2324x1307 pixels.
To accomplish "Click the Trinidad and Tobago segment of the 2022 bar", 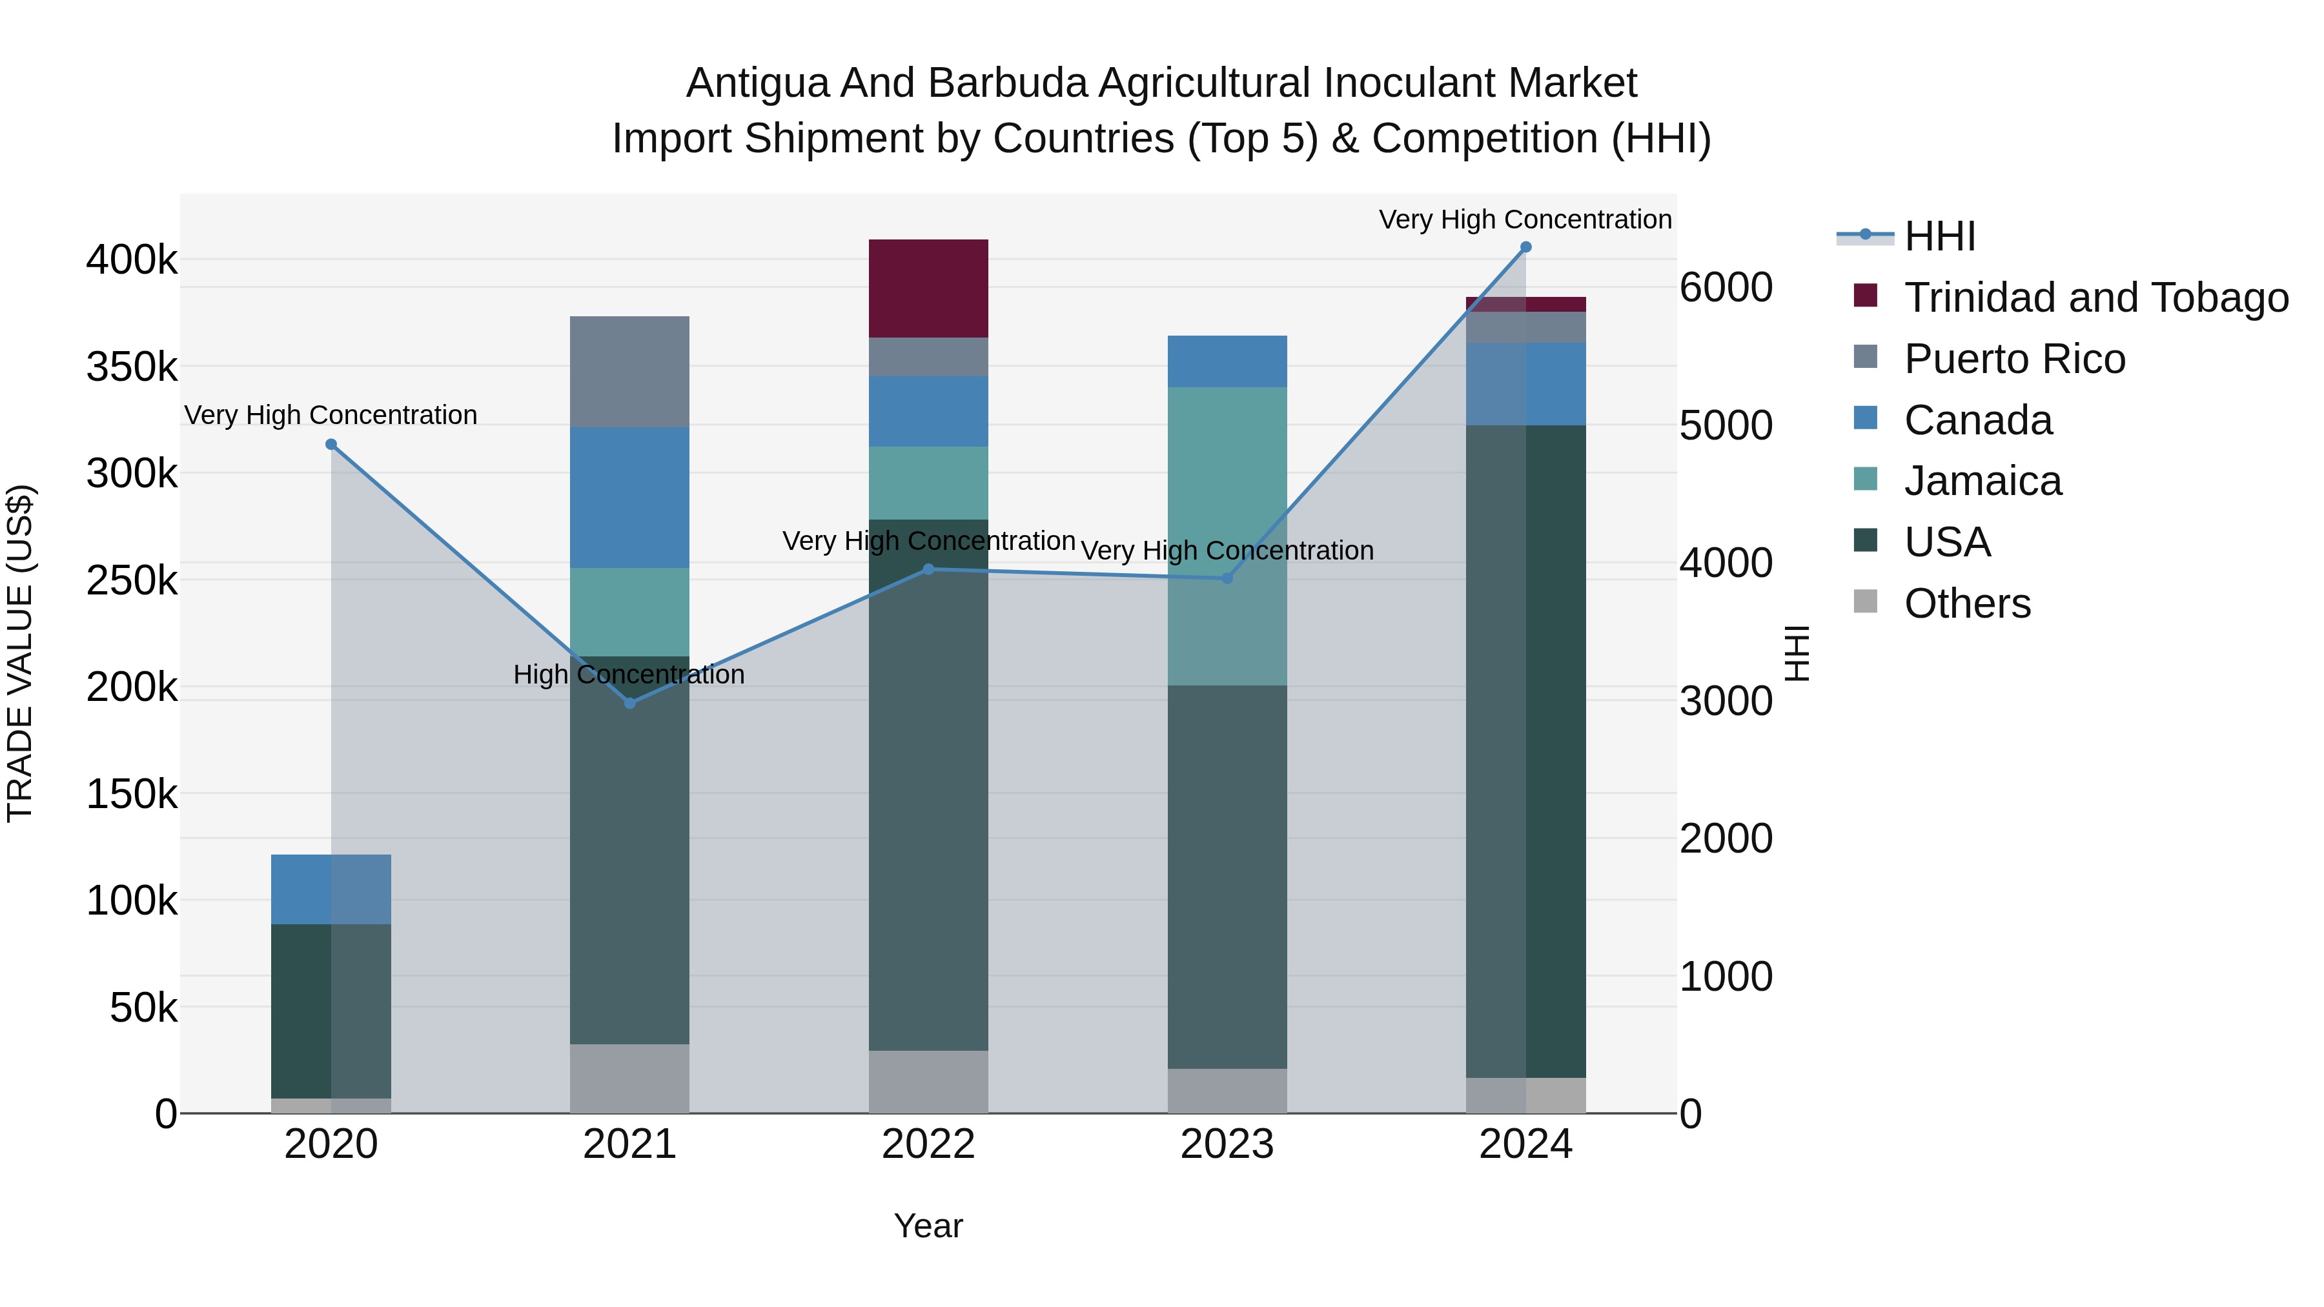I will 928,288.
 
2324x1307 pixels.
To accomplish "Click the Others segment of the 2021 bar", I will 629,1078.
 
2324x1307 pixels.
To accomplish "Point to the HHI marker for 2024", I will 1525,247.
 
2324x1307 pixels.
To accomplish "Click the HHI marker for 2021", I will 629,703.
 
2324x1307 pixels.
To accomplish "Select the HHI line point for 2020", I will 331,444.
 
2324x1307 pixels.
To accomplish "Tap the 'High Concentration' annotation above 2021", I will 629,674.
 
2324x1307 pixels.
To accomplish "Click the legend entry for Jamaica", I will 1982,481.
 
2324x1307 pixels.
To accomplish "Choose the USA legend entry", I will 1947,542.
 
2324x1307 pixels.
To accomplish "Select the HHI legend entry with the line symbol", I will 1940,236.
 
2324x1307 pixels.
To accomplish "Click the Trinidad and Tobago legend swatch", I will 1865,296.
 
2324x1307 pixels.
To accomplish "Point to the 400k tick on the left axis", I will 132,261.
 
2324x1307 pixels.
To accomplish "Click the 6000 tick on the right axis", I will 1725,288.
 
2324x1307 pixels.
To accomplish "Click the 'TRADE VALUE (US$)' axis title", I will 20,653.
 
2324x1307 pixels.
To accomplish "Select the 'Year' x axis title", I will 928,1226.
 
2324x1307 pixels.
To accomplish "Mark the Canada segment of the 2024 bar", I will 1525,383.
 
